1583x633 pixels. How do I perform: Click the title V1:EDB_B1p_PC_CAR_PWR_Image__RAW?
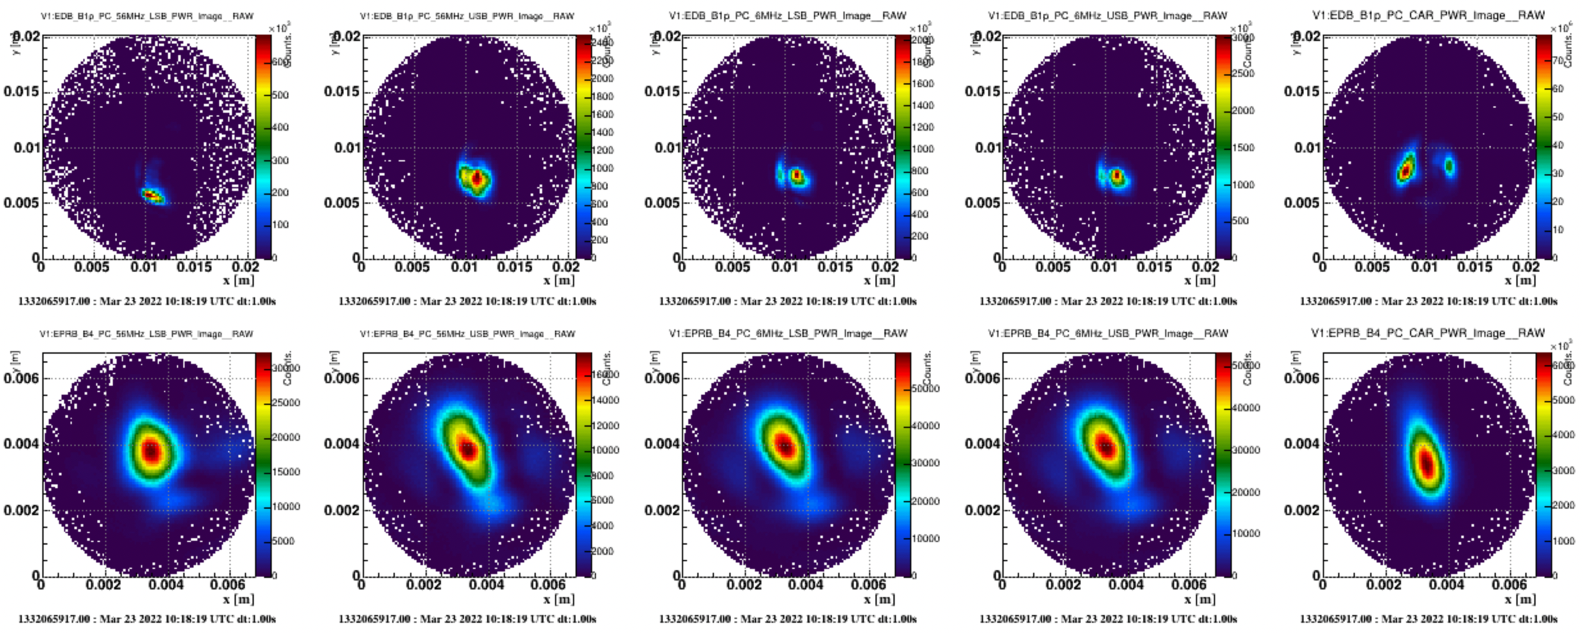point(1428,15)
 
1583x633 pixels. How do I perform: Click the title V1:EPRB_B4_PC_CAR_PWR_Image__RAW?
point(1428,333)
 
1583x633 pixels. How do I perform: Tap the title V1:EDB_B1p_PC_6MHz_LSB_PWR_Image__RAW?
point(788,15)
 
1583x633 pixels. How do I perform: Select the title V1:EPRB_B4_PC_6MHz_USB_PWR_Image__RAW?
point(1107,333)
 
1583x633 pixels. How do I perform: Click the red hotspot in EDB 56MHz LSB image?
point(150,194)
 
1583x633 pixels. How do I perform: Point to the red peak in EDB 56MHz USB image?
point(477,178)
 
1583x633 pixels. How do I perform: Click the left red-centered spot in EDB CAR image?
point(1405,170)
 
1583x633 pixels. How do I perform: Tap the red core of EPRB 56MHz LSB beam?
point(151,451)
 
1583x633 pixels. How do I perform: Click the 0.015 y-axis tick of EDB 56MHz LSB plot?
point(21,92)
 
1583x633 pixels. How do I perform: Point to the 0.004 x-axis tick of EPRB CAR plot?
point(1446,585)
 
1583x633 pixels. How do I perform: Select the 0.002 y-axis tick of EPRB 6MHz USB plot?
point(982,511)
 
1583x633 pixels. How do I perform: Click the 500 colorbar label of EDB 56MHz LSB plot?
point(281,95)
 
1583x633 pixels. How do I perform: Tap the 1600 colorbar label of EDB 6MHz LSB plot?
point(922,84)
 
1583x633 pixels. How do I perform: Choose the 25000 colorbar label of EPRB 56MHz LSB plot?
point(286,403)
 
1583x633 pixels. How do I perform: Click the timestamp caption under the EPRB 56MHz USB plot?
point(467,619)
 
